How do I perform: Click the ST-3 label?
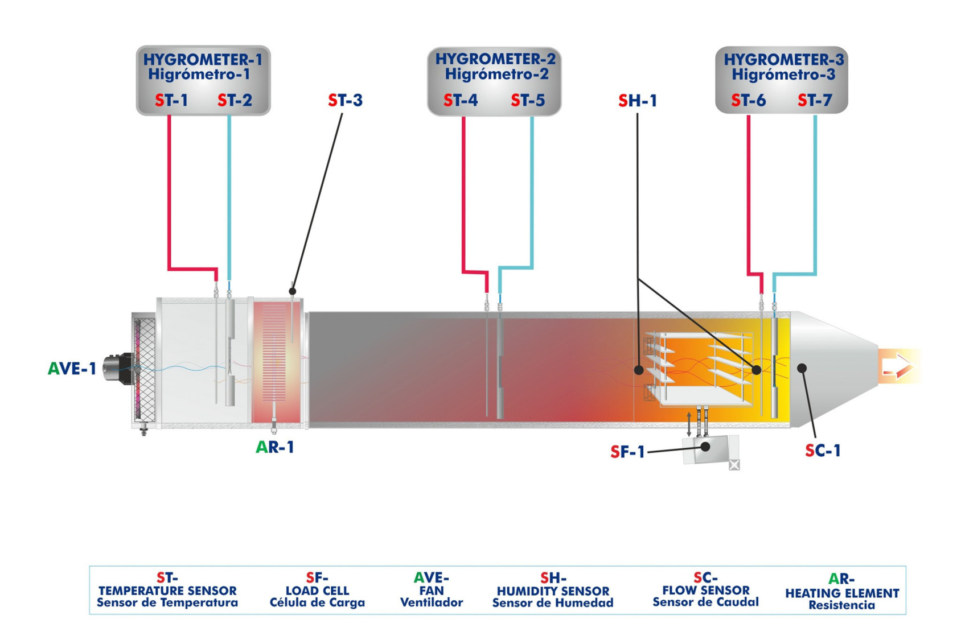345,101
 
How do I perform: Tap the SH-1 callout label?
638,101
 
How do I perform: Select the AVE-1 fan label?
72,369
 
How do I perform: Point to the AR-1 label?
275,447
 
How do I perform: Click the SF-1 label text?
627,452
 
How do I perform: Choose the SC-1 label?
823,451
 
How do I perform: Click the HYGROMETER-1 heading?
203,60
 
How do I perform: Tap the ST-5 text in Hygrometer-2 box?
528,101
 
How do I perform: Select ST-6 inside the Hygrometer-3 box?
748,101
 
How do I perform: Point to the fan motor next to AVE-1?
118,369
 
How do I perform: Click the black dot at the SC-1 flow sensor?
802,368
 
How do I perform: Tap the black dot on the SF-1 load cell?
705,447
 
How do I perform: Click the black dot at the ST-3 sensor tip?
293,291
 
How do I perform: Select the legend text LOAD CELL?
317,591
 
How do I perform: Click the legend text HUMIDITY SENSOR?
553,591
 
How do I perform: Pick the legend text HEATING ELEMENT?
842,593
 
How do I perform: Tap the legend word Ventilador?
432,602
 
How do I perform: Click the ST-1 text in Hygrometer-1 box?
171,101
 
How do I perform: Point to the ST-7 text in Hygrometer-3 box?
815,101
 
